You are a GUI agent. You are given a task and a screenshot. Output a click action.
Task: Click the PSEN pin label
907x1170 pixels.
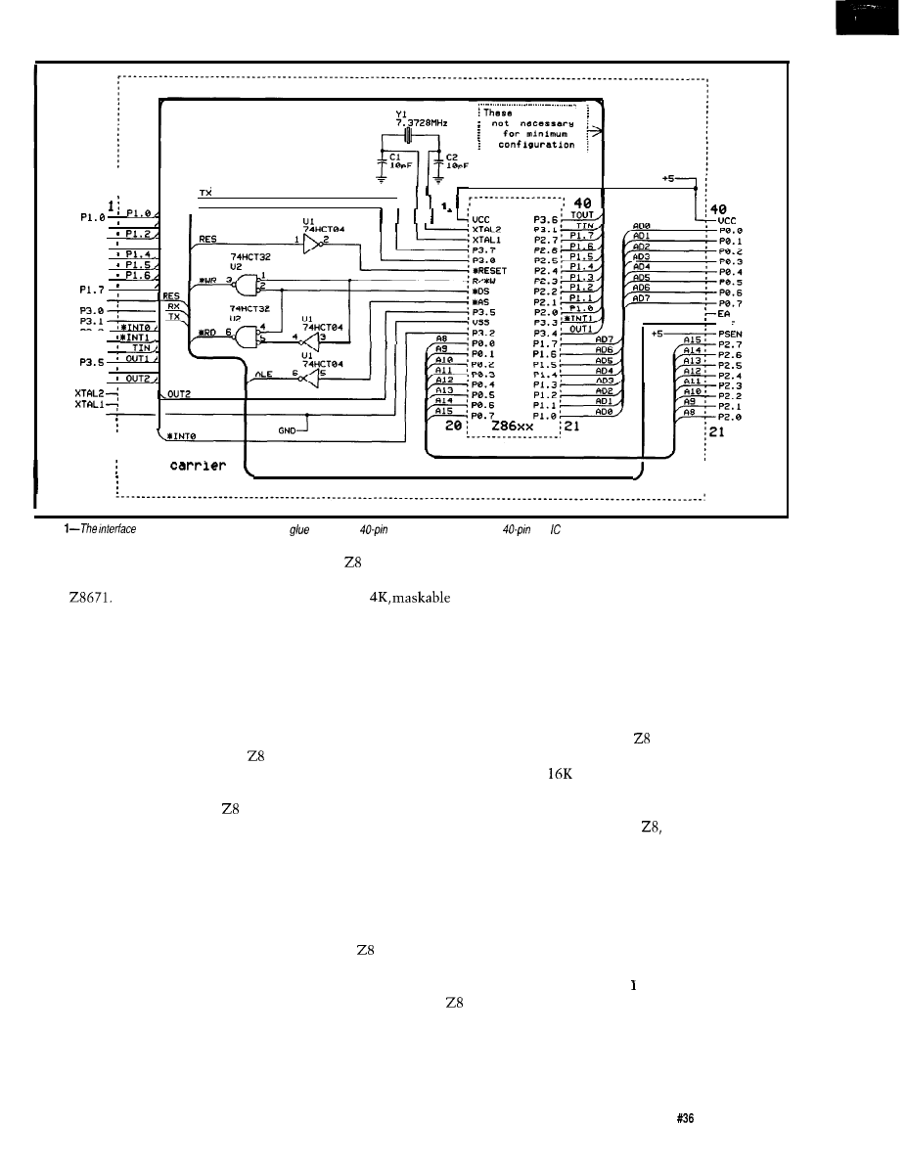click(x=732, y=331)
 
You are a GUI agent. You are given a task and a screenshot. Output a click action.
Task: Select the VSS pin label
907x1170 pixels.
click(x=481, y=322)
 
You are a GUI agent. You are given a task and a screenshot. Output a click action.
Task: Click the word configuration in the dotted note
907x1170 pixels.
click(x=537, y=145)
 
